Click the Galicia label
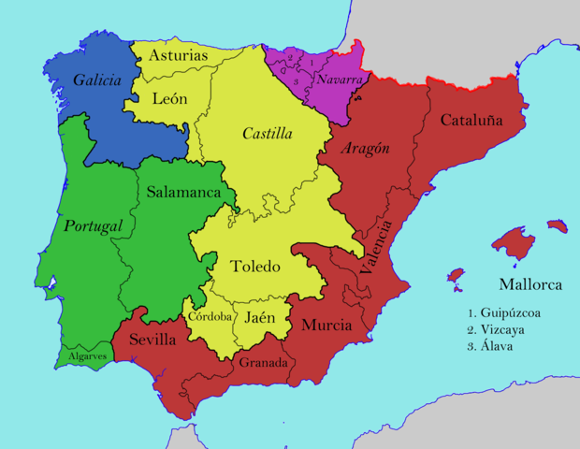coord(97,81)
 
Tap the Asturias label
coord(178,56)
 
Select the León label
coord(169,98)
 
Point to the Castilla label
coord(268,134)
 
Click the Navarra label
coord(339,80)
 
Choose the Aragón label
coord(366,149)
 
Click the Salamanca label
coord(190,192)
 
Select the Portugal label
coord(94,226)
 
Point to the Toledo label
coord(255,267)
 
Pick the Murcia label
coord(326,326)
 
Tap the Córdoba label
coord(210,316)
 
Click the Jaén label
coord(260,317)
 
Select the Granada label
coord(262,362)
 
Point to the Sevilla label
coord(152,340)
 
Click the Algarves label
coord(88,356)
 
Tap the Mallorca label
coord(529,284)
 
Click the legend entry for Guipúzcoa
coord(508,313)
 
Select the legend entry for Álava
coord(498,346)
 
